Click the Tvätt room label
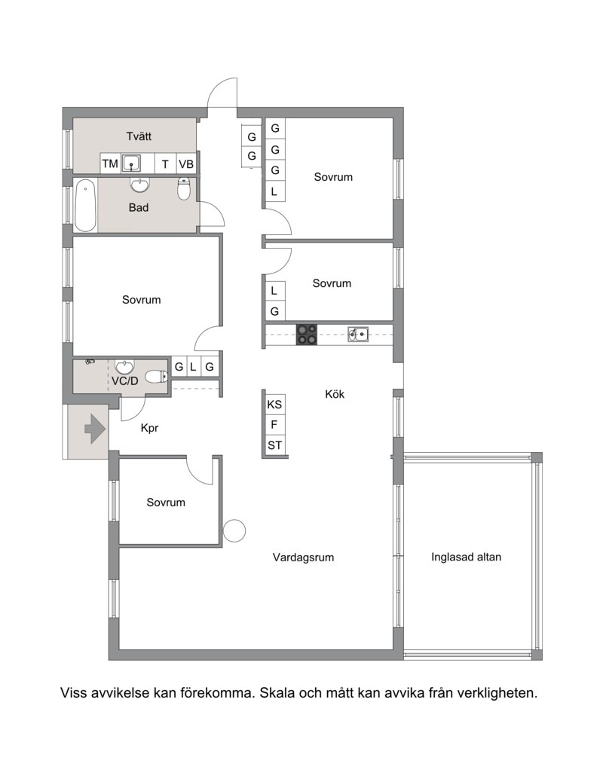(x=139, y=136)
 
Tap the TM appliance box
(x=110, y=163)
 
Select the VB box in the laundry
(x=186, y=163)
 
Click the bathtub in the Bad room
(x=85, y=206)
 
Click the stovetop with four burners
(x=307, y=335)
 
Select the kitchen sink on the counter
(x=358, y=335)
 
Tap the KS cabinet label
(x=274, y=405)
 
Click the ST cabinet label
(x=274, y=446)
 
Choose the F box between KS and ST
(x=274, y=425)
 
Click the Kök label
(x=335, y=394)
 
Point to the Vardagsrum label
(x=303, y=558)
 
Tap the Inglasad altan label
(x=467, y=558)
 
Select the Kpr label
(x=149, y=428)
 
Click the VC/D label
(x=125, y=381)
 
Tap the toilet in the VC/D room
(x=157, y=377)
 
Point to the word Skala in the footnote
(x=277, y=692)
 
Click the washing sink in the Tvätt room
(x=131, y=163)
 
